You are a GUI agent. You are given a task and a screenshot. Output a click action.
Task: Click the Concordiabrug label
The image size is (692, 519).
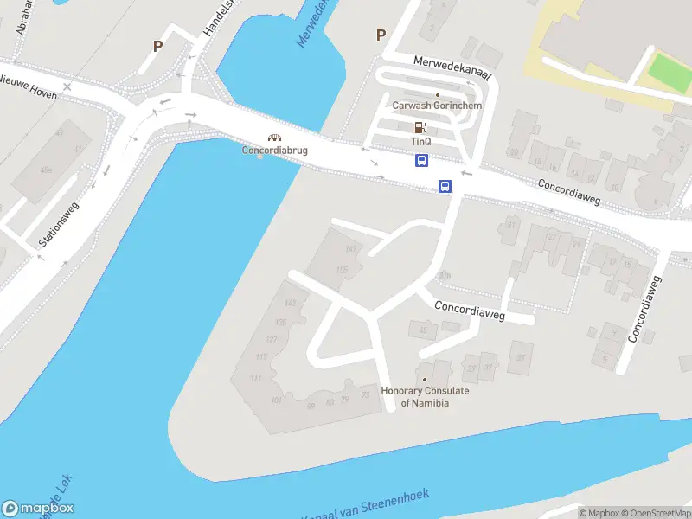click(275, 150)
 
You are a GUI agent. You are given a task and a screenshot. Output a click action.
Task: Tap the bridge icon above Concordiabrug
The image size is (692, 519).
click(275, 137)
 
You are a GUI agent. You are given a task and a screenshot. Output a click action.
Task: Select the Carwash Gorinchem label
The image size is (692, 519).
click(437, 106)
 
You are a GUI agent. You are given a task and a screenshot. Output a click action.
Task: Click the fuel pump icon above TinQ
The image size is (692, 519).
click(420, 127)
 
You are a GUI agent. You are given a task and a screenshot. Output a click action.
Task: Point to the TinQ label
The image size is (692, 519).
click(421, 141)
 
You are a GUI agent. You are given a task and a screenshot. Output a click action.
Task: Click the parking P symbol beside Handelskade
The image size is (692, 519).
click(157, 47)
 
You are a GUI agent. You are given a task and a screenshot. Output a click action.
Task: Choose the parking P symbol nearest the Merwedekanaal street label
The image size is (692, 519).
click(381, 35)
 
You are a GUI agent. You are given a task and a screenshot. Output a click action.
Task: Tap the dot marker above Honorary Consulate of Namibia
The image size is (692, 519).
click(425, 380)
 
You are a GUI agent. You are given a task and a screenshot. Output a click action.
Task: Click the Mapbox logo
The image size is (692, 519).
click(38, 509)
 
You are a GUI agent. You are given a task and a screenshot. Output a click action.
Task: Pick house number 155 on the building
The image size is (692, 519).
click(342, 271)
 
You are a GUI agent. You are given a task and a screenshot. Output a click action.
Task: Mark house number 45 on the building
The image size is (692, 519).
click(422, 330)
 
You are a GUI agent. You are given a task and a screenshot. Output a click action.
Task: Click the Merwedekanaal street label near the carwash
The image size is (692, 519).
click(452, 68)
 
